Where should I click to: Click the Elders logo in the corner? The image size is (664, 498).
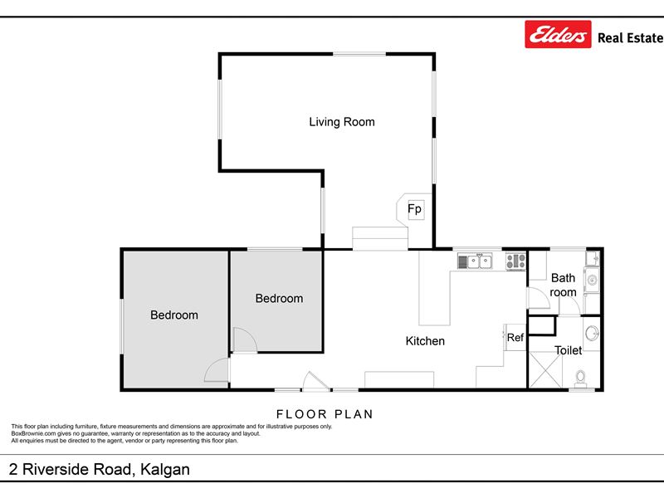tap(558, 34)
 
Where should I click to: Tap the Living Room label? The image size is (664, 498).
tap(342, 122)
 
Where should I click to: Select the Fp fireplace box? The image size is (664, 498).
tap(416, 209)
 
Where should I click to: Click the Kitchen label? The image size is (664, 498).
tap(425, 341)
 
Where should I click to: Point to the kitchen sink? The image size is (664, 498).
tap(475, 261)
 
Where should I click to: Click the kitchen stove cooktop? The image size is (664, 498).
tap(515, 261)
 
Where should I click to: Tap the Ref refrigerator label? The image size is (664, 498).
tap(515, 338)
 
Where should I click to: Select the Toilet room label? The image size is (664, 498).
tap(568, 350)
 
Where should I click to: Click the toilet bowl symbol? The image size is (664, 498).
tap(580, 378)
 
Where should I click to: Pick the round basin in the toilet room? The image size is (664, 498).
tap(592, 333)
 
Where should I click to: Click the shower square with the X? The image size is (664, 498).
tap(545, 369)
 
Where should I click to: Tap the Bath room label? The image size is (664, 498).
tap(563, 285)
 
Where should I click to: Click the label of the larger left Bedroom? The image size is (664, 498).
tap(174, 315)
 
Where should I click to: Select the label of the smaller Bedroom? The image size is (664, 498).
tap(279, 299)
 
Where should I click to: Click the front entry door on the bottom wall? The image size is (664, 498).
tap(315, 381)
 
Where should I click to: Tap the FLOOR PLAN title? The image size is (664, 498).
tap(325, 413)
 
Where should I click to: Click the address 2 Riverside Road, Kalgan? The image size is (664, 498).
tap(99, 469)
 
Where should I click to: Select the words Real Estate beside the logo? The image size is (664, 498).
tap(630, 37)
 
